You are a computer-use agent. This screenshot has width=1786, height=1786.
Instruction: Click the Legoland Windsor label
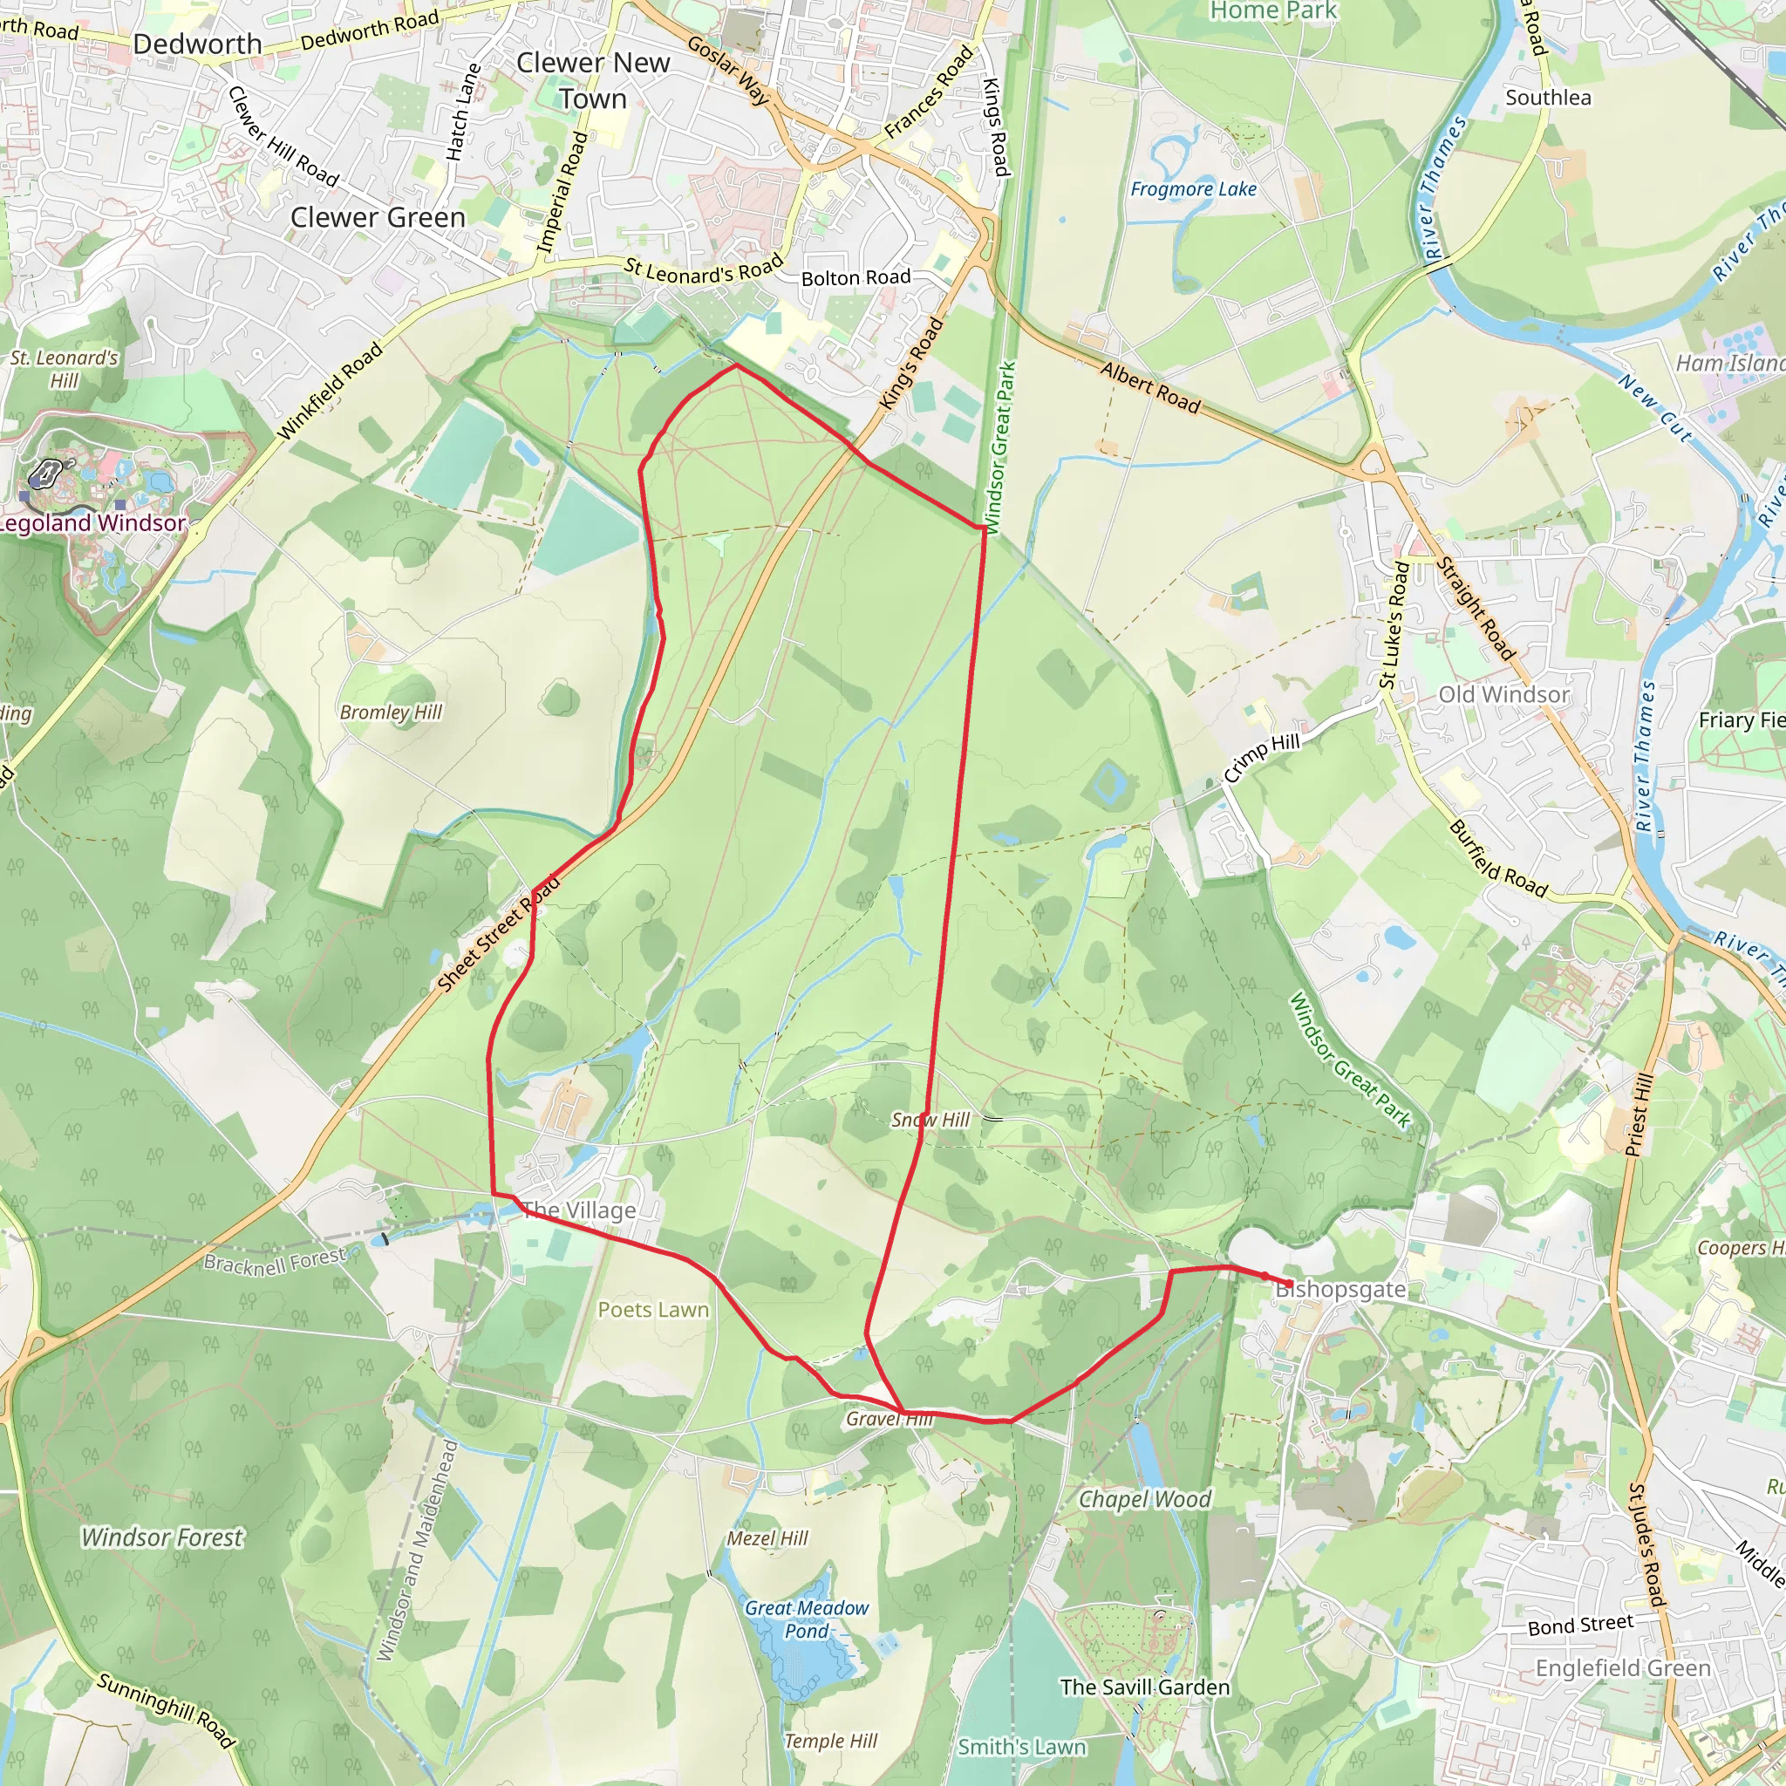click(92, 523)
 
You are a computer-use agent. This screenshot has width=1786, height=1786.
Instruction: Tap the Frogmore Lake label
click(1194, 189)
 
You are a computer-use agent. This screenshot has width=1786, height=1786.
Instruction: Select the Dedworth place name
click(198, 44)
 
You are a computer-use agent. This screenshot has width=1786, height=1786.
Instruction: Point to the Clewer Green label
click(378, 217)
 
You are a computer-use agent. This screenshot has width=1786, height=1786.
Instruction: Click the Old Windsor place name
click(1504, 694)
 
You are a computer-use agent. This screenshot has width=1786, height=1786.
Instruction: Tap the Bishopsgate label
click(1341, 1289)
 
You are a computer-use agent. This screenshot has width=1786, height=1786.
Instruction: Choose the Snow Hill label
click(930, 1121)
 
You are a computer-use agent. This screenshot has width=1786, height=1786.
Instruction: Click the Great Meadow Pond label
click(807, 1619)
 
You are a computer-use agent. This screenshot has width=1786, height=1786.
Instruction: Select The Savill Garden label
click(1144, 1687)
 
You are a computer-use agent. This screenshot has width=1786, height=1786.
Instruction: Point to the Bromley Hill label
click(391, 712)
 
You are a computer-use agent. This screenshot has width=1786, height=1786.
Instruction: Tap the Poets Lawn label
click(653, 1310)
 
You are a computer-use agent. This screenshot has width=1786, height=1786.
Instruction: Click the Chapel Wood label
click(1144, 1499)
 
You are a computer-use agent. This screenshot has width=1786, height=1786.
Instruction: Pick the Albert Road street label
click(1150, 387)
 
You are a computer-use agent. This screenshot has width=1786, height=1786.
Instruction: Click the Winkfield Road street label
click(330, 391)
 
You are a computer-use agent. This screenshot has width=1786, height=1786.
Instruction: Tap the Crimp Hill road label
click(1262, 757)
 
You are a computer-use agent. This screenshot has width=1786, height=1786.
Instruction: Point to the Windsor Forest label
click(163, 1537)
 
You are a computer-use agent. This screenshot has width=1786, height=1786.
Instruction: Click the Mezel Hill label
click(767, 1538)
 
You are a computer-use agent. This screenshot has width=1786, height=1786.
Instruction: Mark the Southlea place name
click(1549, 98)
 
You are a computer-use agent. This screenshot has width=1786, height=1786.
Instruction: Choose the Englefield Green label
click(1623, 1668)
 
